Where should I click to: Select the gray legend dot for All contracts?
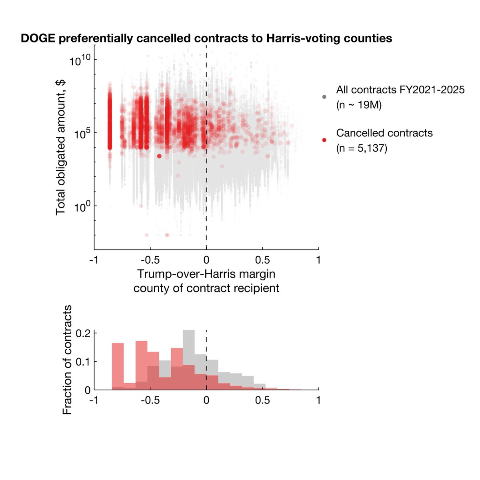(x=324, y=97)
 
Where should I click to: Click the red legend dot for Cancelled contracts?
(x=324, y=140)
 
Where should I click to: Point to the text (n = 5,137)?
(x=362, y=148)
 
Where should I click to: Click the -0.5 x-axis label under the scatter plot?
(x=150, y=260)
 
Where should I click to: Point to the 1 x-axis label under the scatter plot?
(x=318, y=260)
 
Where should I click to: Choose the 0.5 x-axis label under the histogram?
(x=262, y=400)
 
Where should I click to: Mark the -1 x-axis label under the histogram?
(x=94, y=400)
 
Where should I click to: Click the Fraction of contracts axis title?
(x=68, y=360)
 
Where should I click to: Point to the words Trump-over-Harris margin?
(x=206, y=274)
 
